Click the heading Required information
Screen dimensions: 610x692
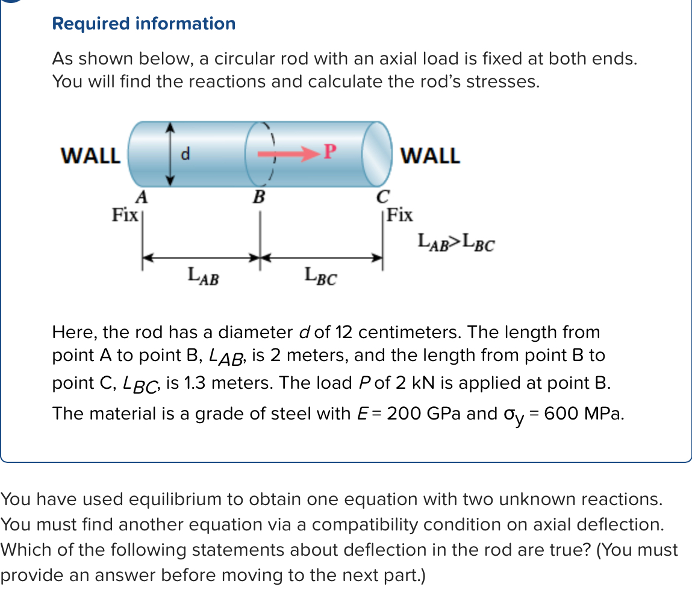(143, 24)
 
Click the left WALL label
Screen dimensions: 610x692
(91, 156)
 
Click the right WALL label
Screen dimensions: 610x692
(430, 156)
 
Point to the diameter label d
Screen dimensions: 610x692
(185, 155)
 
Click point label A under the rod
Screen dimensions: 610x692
(142, 197)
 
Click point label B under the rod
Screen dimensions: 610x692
(259, 197)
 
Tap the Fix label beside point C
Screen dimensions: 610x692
(401, 214)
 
